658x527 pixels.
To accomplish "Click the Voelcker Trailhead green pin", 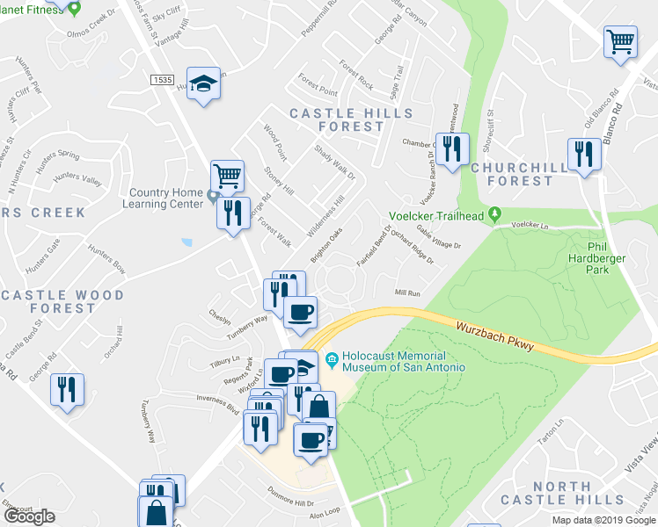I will [x=495, y=213].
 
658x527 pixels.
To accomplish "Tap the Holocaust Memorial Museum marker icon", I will [x=332, y=359].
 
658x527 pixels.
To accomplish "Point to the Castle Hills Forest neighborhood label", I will [x=351, y=119].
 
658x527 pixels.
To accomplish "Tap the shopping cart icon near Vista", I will [x=620, y=41].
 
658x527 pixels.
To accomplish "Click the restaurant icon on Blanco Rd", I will [x=584, y=155].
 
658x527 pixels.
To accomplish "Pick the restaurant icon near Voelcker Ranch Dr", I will [x=452, y=148].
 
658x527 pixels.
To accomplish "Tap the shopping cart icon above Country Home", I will [x=227, y=176].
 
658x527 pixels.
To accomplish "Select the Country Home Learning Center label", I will [x=168, y=199].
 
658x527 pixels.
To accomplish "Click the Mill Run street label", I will [x=407, y=292].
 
